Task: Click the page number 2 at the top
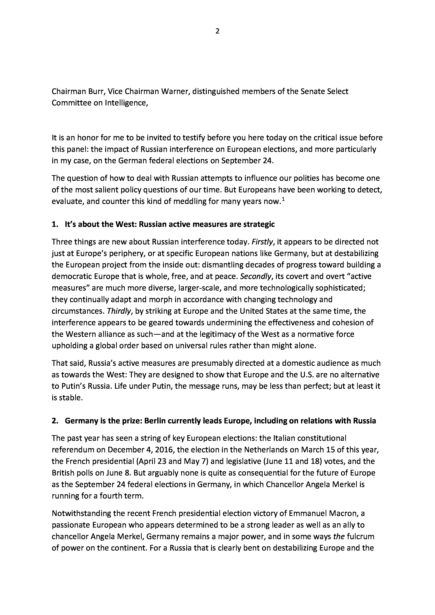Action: [x=217, y=31]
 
